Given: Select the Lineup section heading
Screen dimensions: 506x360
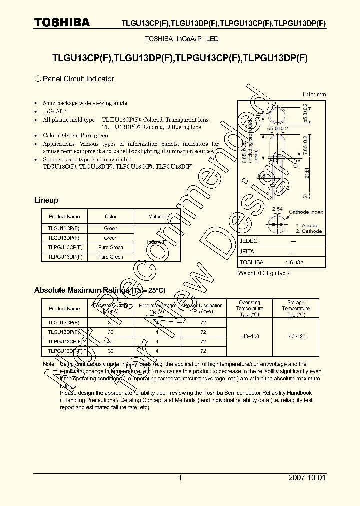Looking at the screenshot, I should pos(46,200).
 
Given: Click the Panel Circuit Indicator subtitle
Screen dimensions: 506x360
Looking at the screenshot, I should pos(78,79).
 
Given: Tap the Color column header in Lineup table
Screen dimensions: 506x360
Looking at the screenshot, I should pos(110,216).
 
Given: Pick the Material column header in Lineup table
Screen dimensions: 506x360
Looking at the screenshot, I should pos(157,216).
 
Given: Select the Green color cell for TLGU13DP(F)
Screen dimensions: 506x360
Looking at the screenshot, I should pos(110,238).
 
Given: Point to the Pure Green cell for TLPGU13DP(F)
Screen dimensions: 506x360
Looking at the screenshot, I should pos(110,257).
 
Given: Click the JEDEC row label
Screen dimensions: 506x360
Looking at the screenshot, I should pos(248,240).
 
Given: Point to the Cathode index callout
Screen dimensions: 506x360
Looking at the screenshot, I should pos(306,212).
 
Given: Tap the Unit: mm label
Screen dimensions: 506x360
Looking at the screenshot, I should pos(314,94).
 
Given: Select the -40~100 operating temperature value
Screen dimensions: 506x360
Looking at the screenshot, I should pos(249,336).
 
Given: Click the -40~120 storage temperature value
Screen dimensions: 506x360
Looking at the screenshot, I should pos(295,336).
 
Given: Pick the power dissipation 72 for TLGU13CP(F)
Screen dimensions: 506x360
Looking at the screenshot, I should pos(203,322).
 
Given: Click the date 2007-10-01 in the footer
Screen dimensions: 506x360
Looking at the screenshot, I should pos(307,478).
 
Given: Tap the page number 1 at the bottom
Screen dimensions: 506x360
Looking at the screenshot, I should pos(180,478).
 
